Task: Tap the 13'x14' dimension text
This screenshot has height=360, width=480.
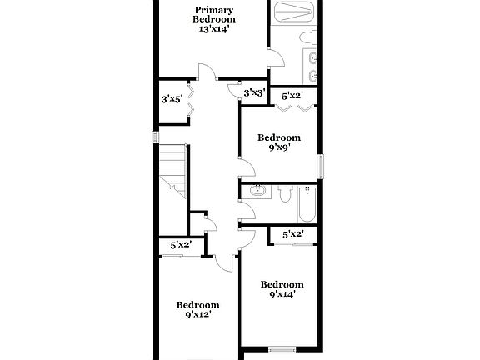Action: coord(213,28)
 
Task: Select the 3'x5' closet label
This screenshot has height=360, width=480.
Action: coord(172,99)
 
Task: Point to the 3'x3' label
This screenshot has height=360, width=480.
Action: coord(253,92)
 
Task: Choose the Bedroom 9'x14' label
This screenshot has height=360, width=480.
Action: coord(281,287)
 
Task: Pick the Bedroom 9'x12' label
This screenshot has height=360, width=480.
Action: coord(197,309)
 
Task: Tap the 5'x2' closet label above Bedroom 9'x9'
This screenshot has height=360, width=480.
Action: coord(292,96)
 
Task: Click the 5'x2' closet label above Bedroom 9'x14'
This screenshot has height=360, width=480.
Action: coord(292,234)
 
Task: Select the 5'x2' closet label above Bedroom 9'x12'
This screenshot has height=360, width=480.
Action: coord(181,245)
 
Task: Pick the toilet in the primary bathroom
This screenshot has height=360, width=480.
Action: coord(307,37)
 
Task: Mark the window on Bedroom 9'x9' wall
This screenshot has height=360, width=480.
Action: coord(322,164)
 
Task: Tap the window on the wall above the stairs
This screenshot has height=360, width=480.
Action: coord(155,136)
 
